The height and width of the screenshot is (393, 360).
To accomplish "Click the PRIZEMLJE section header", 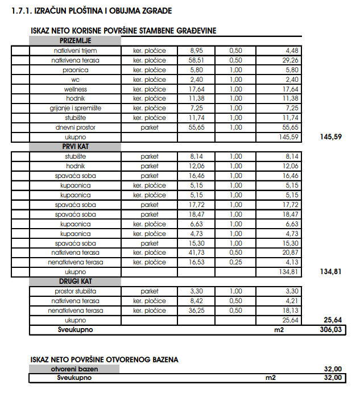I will [x=75, y=41].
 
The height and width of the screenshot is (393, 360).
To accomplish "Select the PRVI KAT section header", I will [x=75, y=146].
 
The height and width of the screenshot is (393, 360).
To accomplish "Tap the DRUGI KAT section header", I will [x=75, y=281].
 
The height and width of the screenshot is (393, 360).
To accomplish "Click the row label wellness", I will [x=75, y=89].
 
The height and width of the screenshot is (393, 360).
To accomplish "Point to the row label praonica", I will [x=75, y=70].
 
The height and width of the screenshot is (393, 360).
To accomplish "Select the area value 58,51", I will [x=196, y=60].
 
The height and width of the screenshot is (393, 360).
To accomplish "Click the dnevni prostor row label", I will [x=75, y=127].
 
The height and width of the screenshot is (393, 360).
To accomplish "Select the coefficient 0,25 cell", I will [x=235, y=262].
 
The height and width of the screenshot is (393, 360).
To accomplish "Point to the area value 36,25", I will [x=196, y=311].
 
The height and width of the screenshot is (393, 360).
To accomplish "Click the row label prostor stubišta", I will [x=75, y=291].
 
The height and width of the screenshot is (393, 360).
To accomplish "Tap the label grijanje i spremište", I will [x=75, y=108].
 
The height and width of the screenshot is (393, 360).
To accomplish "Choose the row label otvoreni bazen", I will [x=75, y=369].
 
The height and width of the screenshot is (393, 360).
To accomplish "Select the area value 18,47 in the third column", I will [x=196, y=214].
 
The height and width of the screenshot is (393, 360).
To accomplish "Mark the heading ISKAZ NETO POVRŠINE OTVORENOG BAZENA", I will [x=104, y=359].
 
